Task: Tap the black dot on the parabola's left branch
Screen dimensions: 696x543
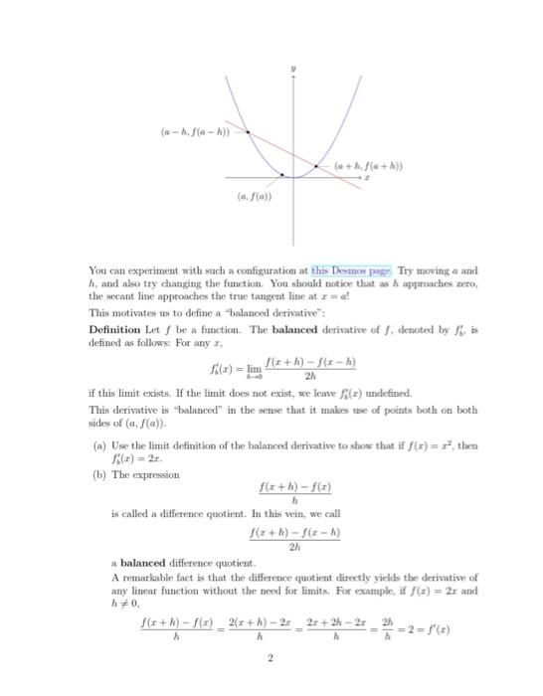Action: tap(248, 131)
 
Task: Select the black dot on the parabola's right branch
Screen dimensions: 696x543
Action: tap(316, 165)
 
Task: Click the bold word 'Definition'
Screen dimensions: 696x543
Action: tap(115, 329)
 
